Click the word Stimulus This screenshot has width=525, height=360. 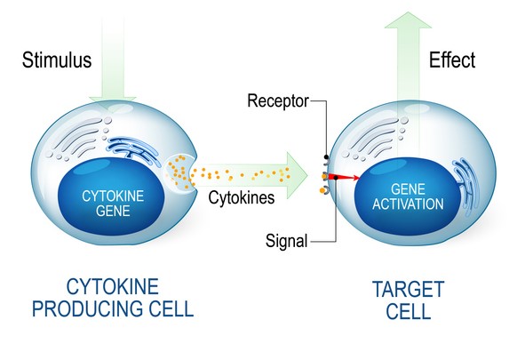click(57, 60)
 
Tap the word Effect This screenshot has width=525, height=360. click(452, 60)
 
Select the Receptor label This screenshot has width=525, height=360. click(278, 100)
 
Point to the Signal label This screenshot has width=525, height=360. click(286, 241)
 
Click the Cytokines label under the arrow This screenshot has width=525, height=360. click(242, 197)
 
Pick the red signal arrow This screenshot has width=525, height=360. click(343, 178)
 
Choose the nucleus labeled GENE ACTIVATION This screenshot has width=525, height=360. click(408, 197)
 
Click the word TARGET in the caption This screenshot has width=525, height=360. click(408, 290)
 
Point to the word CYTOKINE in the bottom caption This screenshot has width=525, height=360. click(113, 286)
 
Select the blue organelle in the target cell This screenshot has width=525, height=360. click(465, 185)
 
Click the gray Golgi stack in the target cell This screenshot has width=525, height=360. click(376, 138)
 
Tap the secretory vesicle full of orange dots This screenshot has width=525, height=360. click(179, 172)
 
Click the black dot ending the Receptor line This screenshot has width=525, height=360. click(326, 156)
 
